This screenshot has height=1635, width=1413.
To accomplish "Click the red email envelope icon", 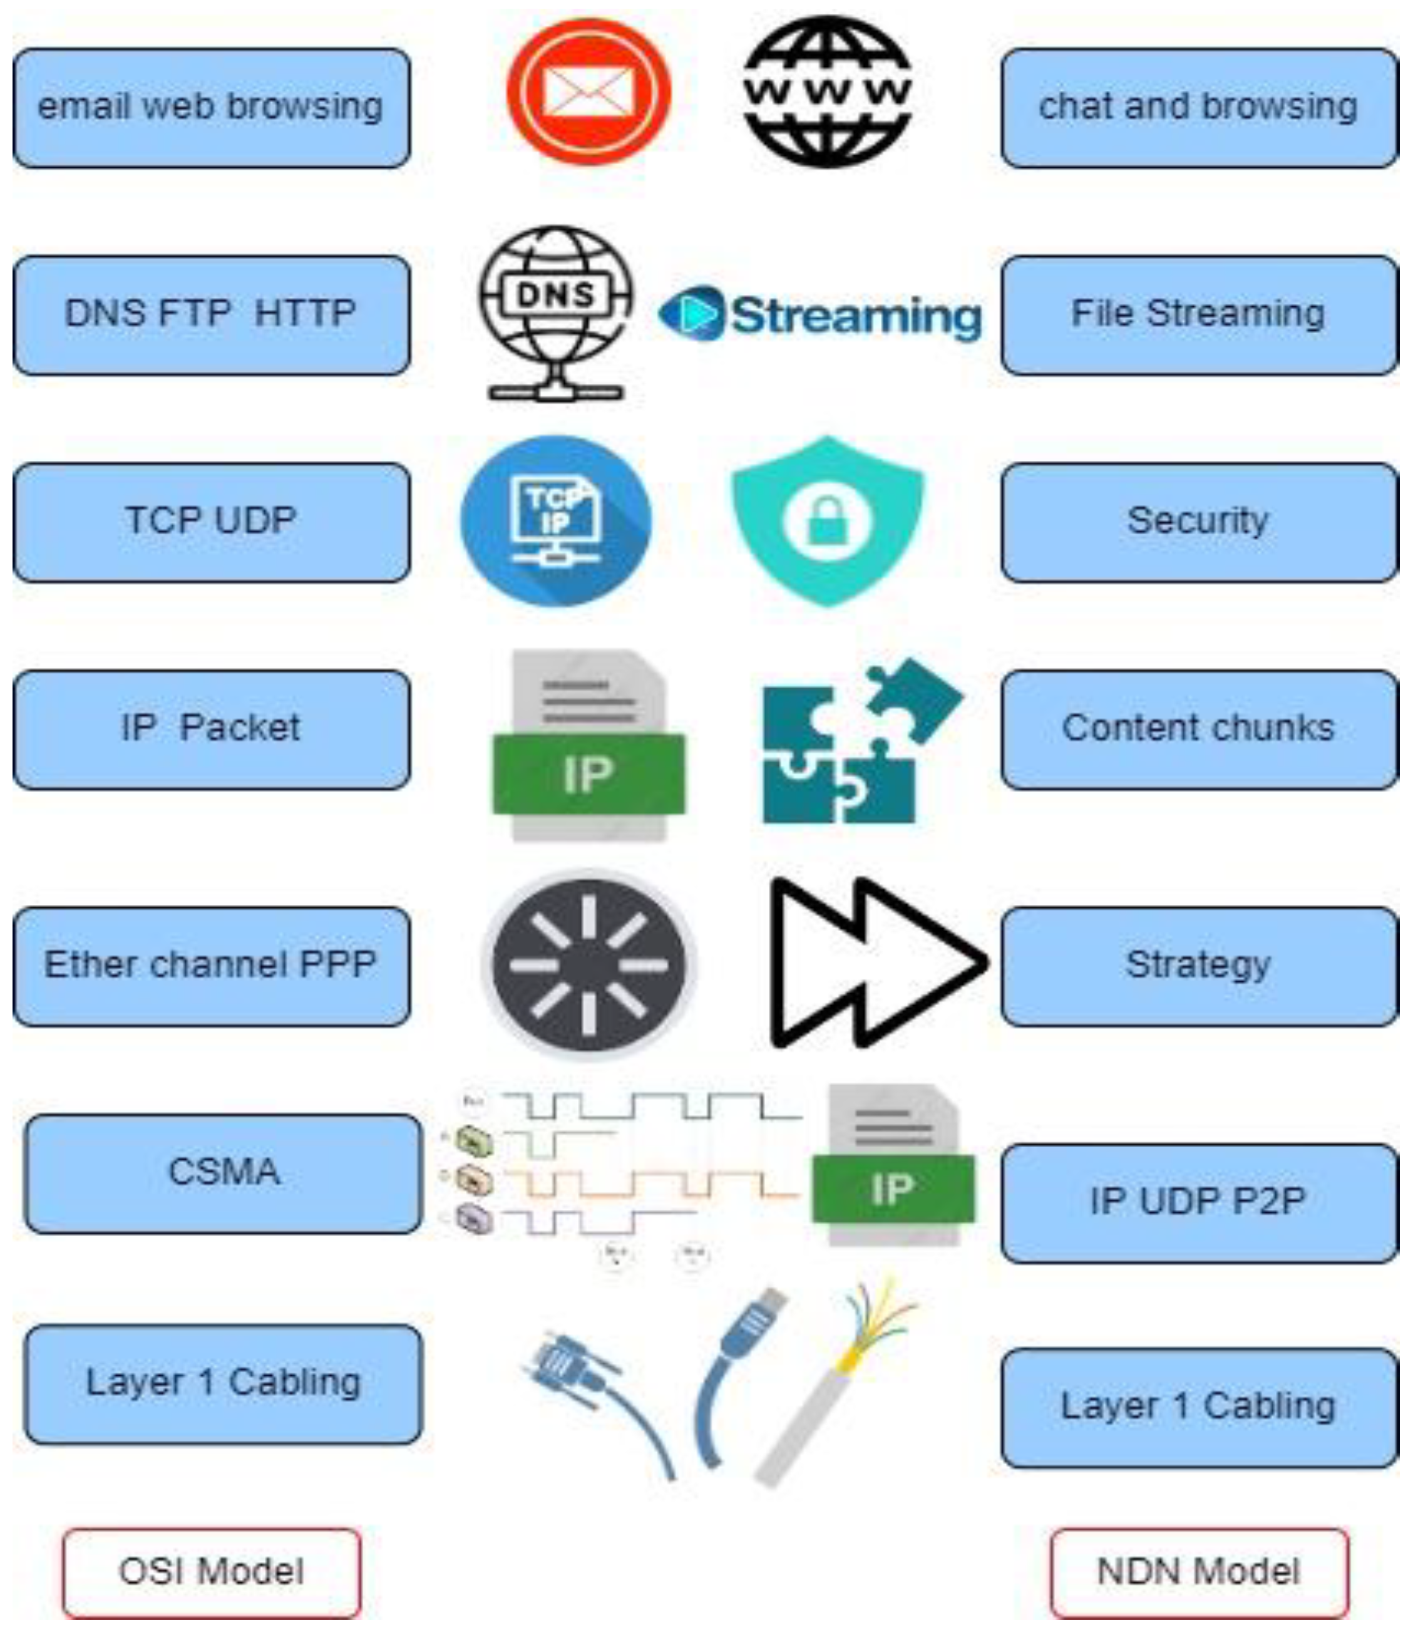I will pyautogui.click(x=588, y=91).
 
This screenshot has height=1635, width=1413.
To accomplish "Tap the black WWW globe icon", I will pyautogui.click(x=828, y=91).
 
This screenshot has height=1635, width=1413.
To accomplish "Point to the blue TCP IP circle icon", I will pyautogui.click(x=556, y=521).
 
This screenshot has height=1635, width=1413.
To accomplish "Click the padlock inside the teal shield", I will pyautogui.click(x=827, y=522).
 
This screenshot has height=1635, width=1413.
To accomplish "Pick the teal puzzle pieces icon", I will pyautogui.click(x=860, y=742).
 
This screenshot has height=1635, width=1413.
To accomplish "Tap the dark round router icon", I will pyautogui.click(x=588, y=964).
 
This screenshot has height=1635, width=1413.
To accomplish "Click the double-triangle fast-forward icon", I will pyautogui.click(x=876, y=962).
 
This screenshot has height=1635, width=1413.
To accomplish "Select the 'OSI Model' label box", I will pyautogui.click(x=212, y=1571).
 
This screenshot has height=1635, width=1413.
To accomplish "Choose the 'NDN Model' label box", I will pyautogui.click(x=1199, y=1571).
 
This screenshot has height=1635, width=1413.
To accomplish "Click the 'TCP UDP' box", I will pyautogui.click(x=212, y=522).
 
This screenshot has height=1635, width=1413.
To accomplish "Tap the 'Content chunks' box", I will pyautogui.click(x=1199, y=728).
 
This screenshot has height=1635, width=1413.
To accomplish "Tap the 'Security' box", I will pyautogui.click(x=1199, y=522).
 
